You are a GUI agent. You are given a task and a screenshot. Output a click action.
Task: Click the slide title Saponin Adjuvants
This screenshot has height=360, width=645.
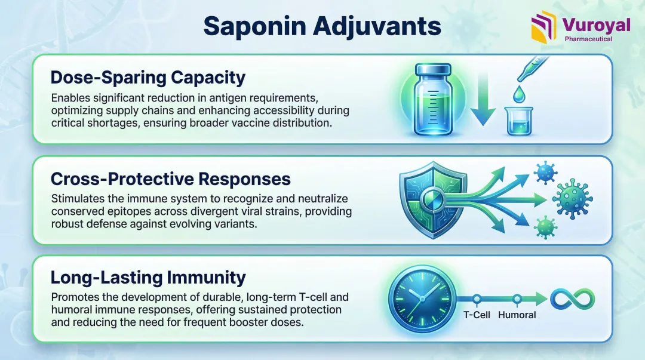(x=322, y=26)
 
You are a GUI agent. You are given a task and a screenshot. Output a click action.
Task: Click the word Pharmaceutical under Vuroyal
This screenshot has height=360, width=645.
(x=588, y=39)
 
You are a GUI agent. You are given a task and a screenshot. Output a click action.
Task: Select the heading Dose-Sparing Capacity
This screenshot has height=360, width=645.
(x=148, y=78)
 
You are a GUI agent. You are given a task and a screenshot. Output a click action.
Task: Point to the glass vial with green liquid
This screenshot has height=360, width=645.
(x=433, y=100)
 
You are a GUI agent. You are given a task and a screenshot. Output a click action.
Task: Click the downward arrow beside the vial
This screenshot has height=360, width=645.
(x=483, y=99)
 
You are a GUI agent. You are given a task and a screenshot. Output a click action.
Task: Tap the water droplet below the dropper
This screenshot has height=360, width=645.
(x=519, y=94)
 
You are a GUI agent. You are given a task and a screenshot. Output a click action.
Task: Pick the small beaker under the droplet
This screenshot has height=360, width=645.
(x=519, y=121)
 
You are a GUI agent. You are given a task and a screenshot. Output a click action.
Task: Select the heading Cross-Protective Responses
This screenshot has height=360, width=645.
(x=171, y=179)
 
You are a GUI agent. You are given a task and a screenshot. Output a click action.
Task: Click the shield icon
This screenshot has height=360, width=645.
(x=433, y=199)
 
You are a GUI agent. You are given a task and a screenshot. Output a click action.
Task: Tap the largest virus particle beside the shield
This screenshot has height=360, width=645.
(x=572, y=199)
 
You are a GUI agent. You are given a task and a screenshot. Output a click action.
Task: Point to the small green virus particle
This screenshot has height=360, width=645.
(x=545, y=227)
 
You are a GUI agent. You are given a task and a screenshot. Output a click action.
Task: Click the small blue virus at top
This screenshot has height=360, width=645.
(x=545, y=173)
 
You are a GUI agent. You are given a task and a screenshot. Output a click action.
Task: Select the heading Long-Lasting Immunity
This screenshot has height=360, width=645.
(x=148, y=278)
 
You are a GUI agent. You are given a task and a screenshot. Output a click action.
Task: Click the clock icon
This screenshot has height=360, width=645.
(x=422, y=299)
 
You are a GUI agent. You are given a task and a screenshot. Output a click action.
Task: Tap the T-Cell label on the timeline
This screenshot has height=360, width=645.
(x=477, y=315)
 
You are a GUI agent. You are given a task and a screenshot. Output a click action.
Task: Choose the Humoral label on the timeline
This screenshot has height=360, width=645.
(x=517, y=315)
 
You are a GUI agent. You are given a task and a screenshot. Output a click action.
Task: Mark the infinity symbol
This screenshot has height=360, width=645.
(x=573, y=299)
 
